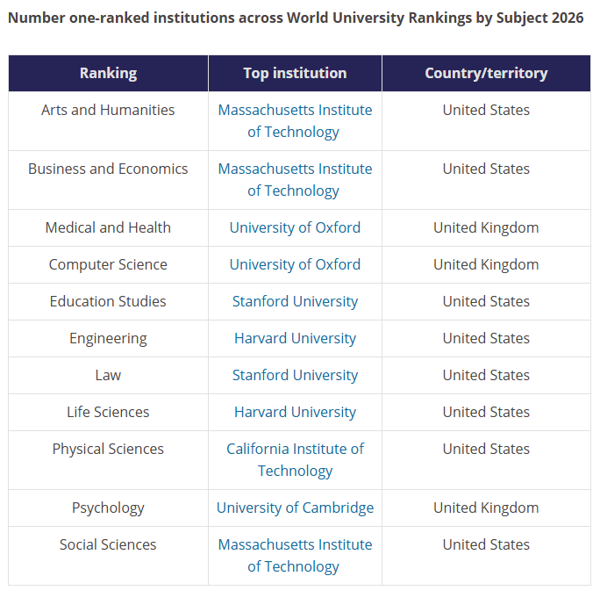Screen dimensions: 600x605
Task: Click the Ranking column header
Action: pyautogui.click(x=108, y=73)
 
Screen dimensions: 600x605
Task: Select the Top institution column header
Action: pyautogui.click(x=295, y=73)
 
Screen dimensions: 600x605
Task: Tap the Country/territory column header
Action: pyautogui.click(x=486, y=73)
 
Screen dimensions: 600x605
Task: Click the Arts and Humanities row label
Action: pyautogui.click(x=108, y=110)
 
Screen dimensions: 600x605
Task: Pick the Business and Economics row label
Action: pyautogui.click(x=108, y=169)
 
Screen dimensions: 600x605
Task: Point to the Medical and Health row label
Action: pyautogui.click(x=108, y=227)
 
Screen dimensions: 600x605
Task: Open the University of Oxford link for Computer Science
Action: pyautogui.click(x=295, y=264)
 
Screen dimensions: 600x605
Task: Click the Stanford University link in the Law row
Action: pyautogui.click(x=295, y=376)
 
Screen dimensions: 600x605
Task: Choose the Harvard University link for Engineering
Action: pyautogui.click(x=295, y=338)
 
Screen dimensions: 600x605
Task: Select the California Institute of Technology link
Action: pyautogui.click(x=295, y=460)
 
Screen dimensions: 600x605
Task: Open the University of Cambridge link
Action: pyautogui.click(x=295, y=508)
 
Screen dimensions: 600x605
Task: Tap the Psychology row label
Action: pyautogui.click(x=108, y=508)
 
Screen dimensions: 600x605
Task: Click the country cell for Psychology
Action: pyautogui.click(x=486, y=508)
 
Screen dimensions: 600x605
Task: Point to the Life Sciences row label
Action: pyautogui.click(x=108, y=412)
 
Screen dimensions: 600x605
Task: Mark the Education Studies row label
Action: pyautogui.click(x=108, y=301)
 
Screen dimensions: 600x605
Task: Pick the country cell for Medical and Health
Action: pyautogui.click(x=486, y=227)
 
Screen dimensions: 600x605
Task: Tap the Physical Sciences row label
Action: pyautogui.click(x=108, y=449)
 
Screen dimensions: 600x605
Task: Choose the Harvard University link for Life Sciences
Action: pyautogui.click(x=295, y=412)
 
